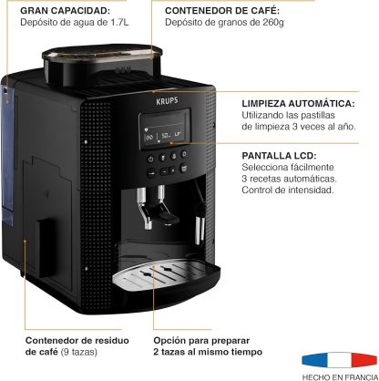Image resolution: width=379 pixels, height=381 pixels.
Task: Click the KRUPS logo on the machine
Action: point(167,100)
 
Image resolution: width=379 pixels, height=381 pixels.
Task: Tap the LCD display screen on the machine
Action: point(165,129)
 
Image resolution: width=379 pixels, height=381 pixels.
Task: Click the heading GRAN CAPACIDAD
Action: point(66,11)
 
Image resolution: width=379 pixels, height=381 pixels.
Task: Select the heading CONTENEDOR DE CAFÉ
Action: point(222,11)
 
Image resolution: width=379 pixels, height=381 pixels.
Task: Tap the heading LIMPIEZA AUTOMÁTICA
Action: point(298,103)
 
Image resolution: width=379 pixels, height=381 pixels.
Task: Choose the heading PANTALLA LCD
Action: point(279,156)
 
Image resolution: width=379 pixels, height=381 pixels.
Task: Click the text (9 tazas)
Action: point(79,352)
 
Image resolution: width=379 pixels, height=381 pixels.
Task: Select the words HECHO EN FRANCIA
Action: point(341,376)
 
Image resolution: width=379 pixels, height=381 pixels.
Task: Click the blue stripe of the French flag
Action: point(313,360)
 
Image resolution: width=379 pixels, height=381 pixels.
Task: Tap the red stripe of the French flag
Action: point(364,360)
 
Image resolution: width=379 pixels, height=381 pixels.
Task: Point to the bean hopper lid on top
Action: point(102,55)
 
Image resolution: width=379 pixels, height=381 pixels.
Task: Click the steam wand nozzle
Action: point(198,230)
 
